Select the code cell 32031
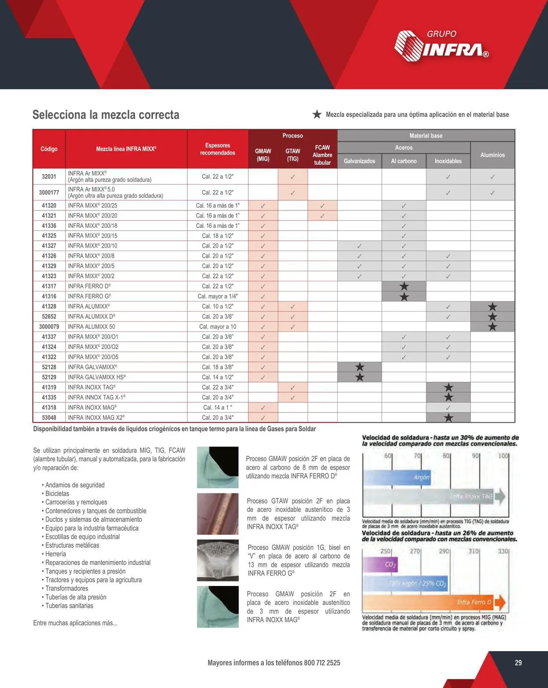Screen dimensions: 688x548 (49, 177)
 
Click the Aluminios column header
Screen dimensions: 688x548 (492, 155)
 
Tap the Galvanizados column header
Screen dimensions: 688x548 (359, 161)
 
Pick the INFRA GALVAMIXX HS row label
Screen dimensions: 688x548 (97, 377)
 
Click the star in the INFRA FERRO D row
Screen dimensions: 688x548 (404, 287)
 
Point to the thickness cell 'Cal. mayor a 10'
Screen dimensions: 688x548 (217, 327)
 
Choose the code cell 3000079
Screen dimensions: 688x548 (49, 327)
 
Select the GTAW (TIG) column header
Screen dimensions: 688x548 (293, 155)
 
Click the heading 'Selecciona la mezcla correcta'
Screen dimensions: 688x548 (106, 115)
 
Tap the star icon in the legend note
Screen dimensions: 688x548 (317, 114)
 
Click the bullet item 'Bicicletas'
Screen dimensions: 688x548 (57, 493)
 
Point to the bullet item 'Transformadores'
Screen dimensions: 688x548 (67, 589)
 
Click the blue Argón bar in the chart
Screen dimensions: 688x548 (397, 477)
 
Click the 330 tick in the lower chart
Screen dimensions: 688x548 (503, 551)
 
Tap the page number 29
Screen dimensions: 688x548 (518, 663)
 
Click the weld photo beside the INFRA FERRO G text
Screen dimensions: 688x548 (218, 560)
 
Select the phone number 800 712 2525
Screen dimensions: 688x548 (322, 663)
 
